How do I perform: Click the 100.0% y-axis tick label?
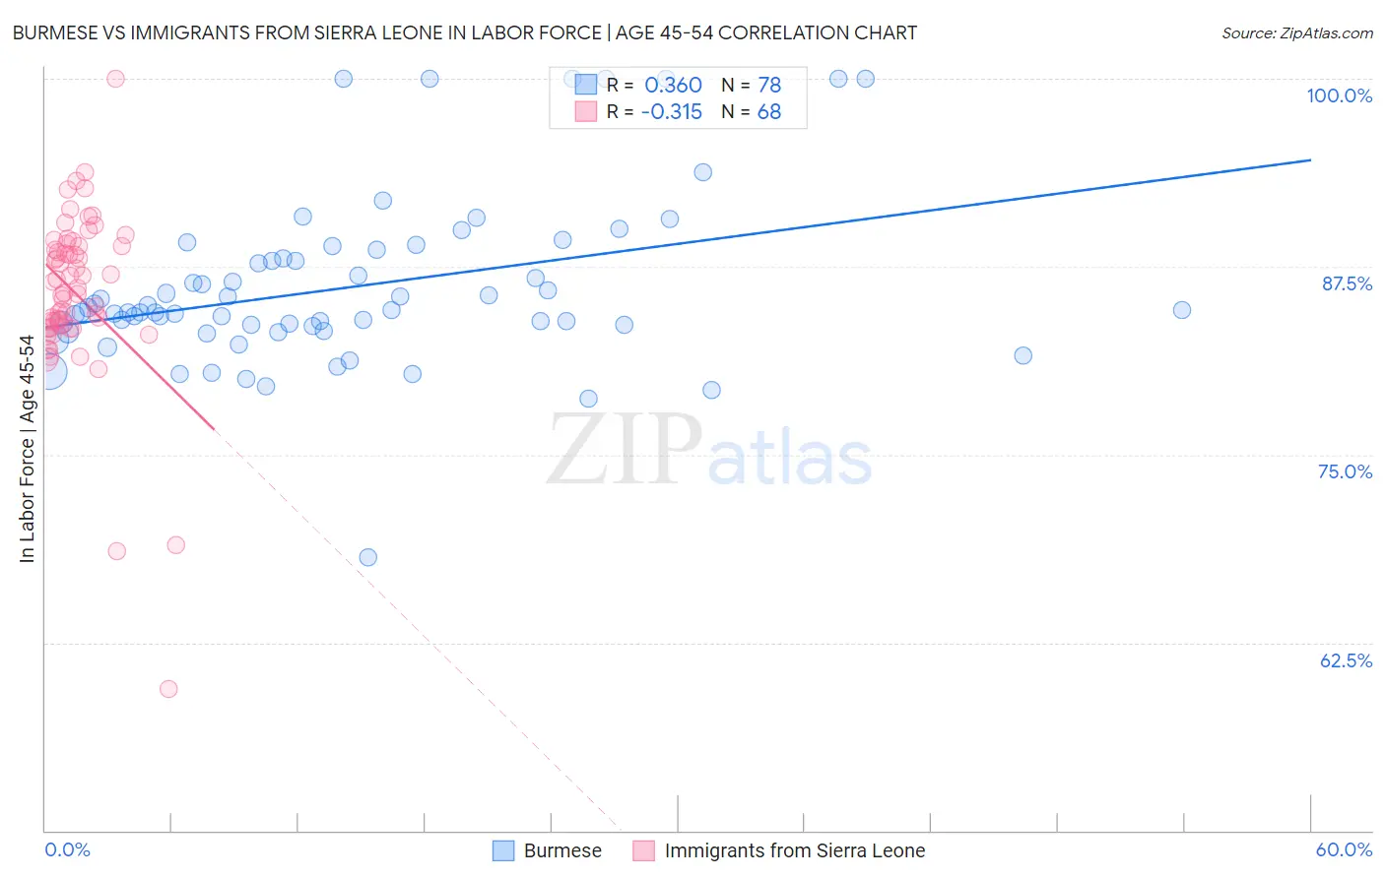click(x=1339, y=95)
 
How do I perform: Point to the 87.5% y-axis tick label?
click(x=1347, y=283)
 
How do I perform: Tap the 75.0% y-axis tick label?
click(x=1345, y=471)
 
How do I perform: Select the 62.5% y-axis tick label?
click(x=1346, y=660)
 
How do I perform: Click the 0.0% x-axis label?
click(x=67, y=849)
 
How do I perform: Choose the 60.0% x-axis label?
click(x=1344, y=849)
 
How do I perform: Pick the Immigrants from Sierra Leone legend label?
click(x=794, y=850)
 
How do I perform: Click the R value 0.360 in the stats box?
click(x=673, y=86)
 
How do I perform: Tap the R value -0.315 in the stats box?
click(x=671, y=112)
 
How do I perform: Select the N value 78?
click(x=768, y=86)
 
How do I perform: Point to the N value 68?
click(x=768, y=112)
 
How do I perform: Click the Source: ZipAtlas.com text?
click(x=1296, y=33)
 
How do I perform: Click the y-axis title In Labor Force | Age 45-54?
click(x=27, y=449)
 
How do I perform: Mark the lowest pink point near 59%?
click(x=168, y=689)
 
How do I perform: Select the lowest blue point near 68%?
click(x=367, y=557)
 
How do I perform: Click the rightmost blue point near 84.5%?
click(x=1182, y=310)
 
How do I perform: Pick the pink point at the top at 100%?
click(x=115, y=79)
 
